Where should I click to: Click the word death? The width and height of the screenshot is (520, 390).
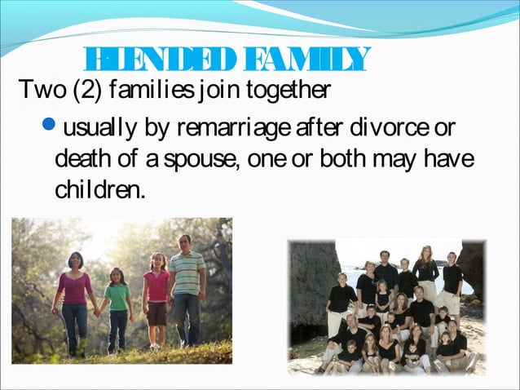(x=85, y=157)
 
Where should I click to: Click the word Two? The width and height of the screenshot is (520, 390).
(x=35, y=88)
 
